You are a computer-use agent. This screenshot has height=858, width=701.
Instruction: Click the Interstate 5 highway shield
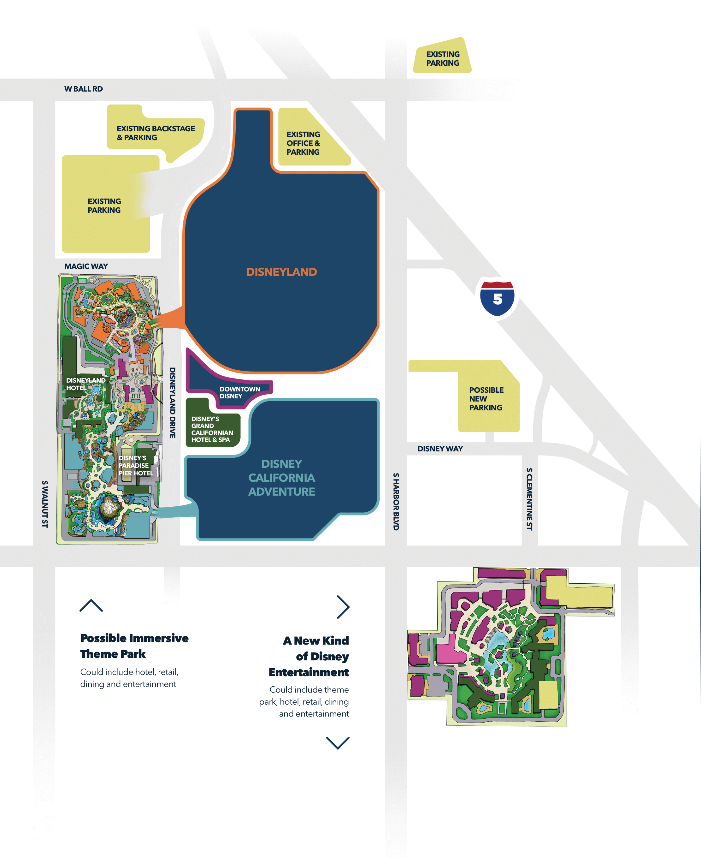497,299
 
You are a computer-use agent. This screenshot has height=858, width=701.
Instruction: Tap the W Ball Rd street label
84,89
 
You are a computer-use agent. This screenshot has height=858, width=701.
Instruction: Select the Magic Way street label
86,266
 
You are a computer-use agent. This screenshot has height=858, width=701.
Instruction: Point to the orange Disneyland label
281,272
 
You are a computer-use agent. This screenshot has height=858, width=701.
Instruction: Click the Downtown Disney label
239,392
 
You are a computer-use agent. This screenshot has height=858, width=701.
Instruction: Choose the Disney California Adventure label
281,478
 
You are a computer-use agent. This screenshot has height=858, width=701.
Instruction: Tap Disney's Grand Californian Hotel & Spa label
212,429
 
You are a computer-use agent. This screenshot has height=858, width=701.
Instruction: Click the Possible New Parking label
486,399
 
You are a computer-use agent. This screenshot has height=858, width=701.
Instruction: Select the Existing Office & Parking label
303,143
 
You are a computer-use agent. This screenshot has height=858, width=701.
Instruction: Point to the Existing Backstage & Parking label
156,133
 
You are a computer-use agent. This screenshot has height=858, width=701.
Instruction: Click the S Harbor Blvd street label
396,501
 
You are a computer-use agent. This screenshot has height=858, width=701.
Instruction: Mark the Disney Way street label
440,449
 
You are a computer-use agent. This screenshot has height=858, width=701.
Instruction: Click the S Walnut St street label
45,504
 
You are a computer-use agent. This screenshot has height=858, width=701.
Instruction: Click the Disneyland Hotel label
85,384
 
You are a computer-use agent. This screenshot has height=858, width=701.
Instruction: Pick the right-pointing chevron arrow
343,607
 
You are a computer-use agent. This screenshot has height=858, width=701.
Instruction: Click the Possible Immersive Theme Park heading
134,646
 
